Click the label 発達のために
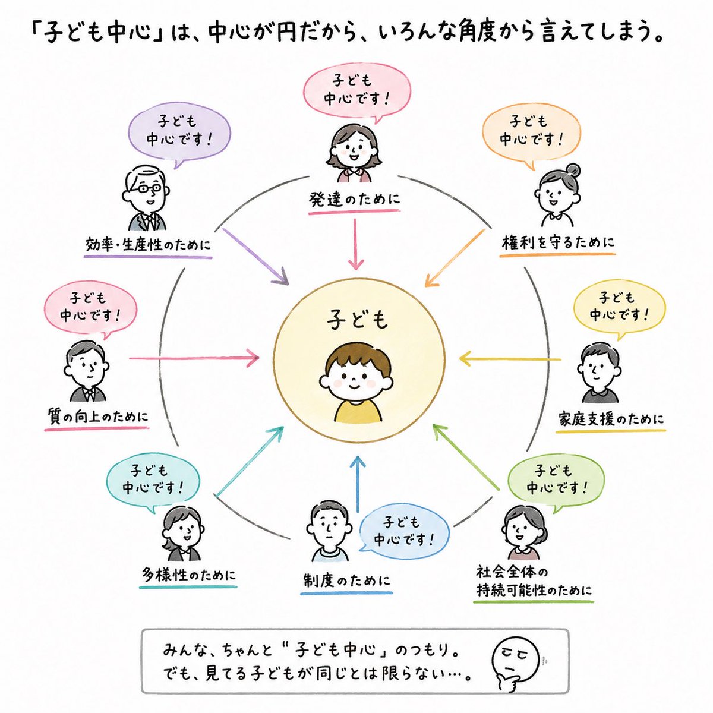coord(355,201)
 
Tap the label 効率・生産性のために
coord(148,245)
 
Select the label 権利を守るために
coord(558,242)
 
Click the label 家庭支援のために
coord(611,419)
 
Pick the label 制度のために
coord(346,580)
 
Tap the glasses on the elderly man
coord(147,188)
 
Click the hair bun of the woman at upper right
coord(573,171)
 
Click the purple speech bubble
coord(179,134)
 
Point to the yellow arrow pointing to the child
coord(509,358)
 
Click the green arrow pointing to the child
coord(465,458)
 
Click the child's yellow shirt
coord(358,411)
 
